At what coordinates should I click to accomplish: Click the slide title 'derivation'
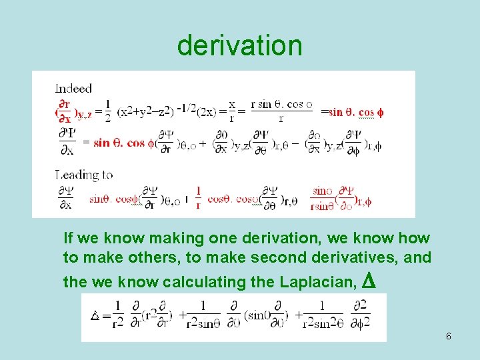(x=239, y=45)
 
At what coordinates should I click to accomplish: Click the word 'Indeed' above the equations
(x=73, y=88)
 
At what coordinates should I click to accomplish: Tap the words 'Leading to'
(x=84, y=175)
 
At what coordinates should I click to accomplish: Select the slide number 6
(x=449, y=336)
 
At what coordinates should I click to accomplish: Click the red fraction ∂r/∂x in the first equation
(x=65, y=111)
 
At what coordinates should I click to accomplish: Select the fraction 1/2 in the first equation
(x=108, y=111)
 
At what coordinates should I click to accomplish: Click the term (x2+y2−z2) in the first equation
(x=146, y=112)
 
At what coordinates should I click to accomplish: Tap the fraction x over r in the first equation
(x=232, y=111)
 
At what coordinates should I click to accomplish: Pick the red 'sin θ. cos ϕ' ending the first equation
(x=355, y=112)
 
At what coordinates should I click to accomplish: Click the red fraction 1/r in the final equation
(x=198, y=197)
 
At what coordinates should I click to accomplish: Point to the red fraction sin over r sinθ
(x=322, y=197)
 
